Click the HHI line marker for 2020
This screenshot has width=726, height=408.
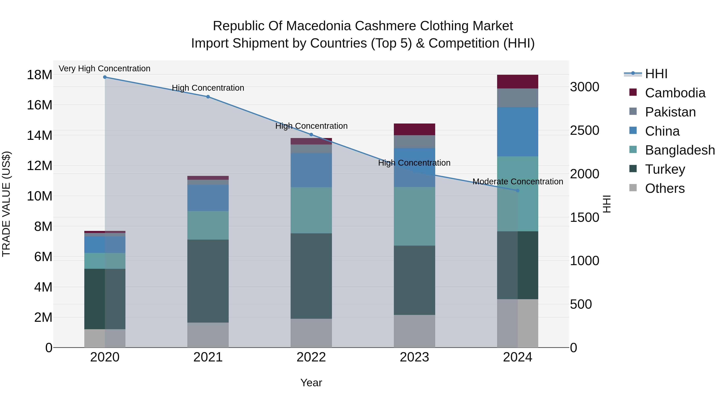[105, 77]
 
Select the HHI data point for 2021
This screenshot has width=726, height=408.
[208, 97]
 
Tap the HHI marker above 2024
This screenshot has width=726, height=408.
[517, 191]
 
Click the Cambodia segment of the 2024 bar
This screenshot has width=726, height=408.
[517, 82]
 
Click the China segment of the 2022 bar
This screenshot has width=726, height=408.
[311, 170]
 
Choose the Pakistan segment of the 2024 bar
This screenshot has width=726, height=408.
[517, 98]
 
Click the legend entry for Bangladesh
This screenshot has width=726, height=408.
[680, 150]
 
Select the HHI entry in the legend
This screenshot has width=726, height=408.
[656, 74]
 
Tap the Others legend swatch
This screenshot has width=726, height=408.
[633, 188]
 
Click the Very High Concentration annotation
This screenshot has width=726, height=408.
[104, 69]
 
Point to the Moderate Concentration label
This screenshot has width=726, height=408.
[518, 182]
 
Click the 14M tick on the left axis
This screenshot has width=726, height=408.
[40, 135]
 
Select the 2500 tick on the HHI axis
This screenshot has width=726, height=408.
[584, 130]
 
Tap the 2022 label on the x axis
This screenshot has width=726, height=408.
[311, 357]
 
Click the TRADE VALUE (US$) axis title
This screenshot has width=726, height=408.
[6, 204]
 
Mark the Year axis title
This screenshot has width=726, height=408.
[311, 383]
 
